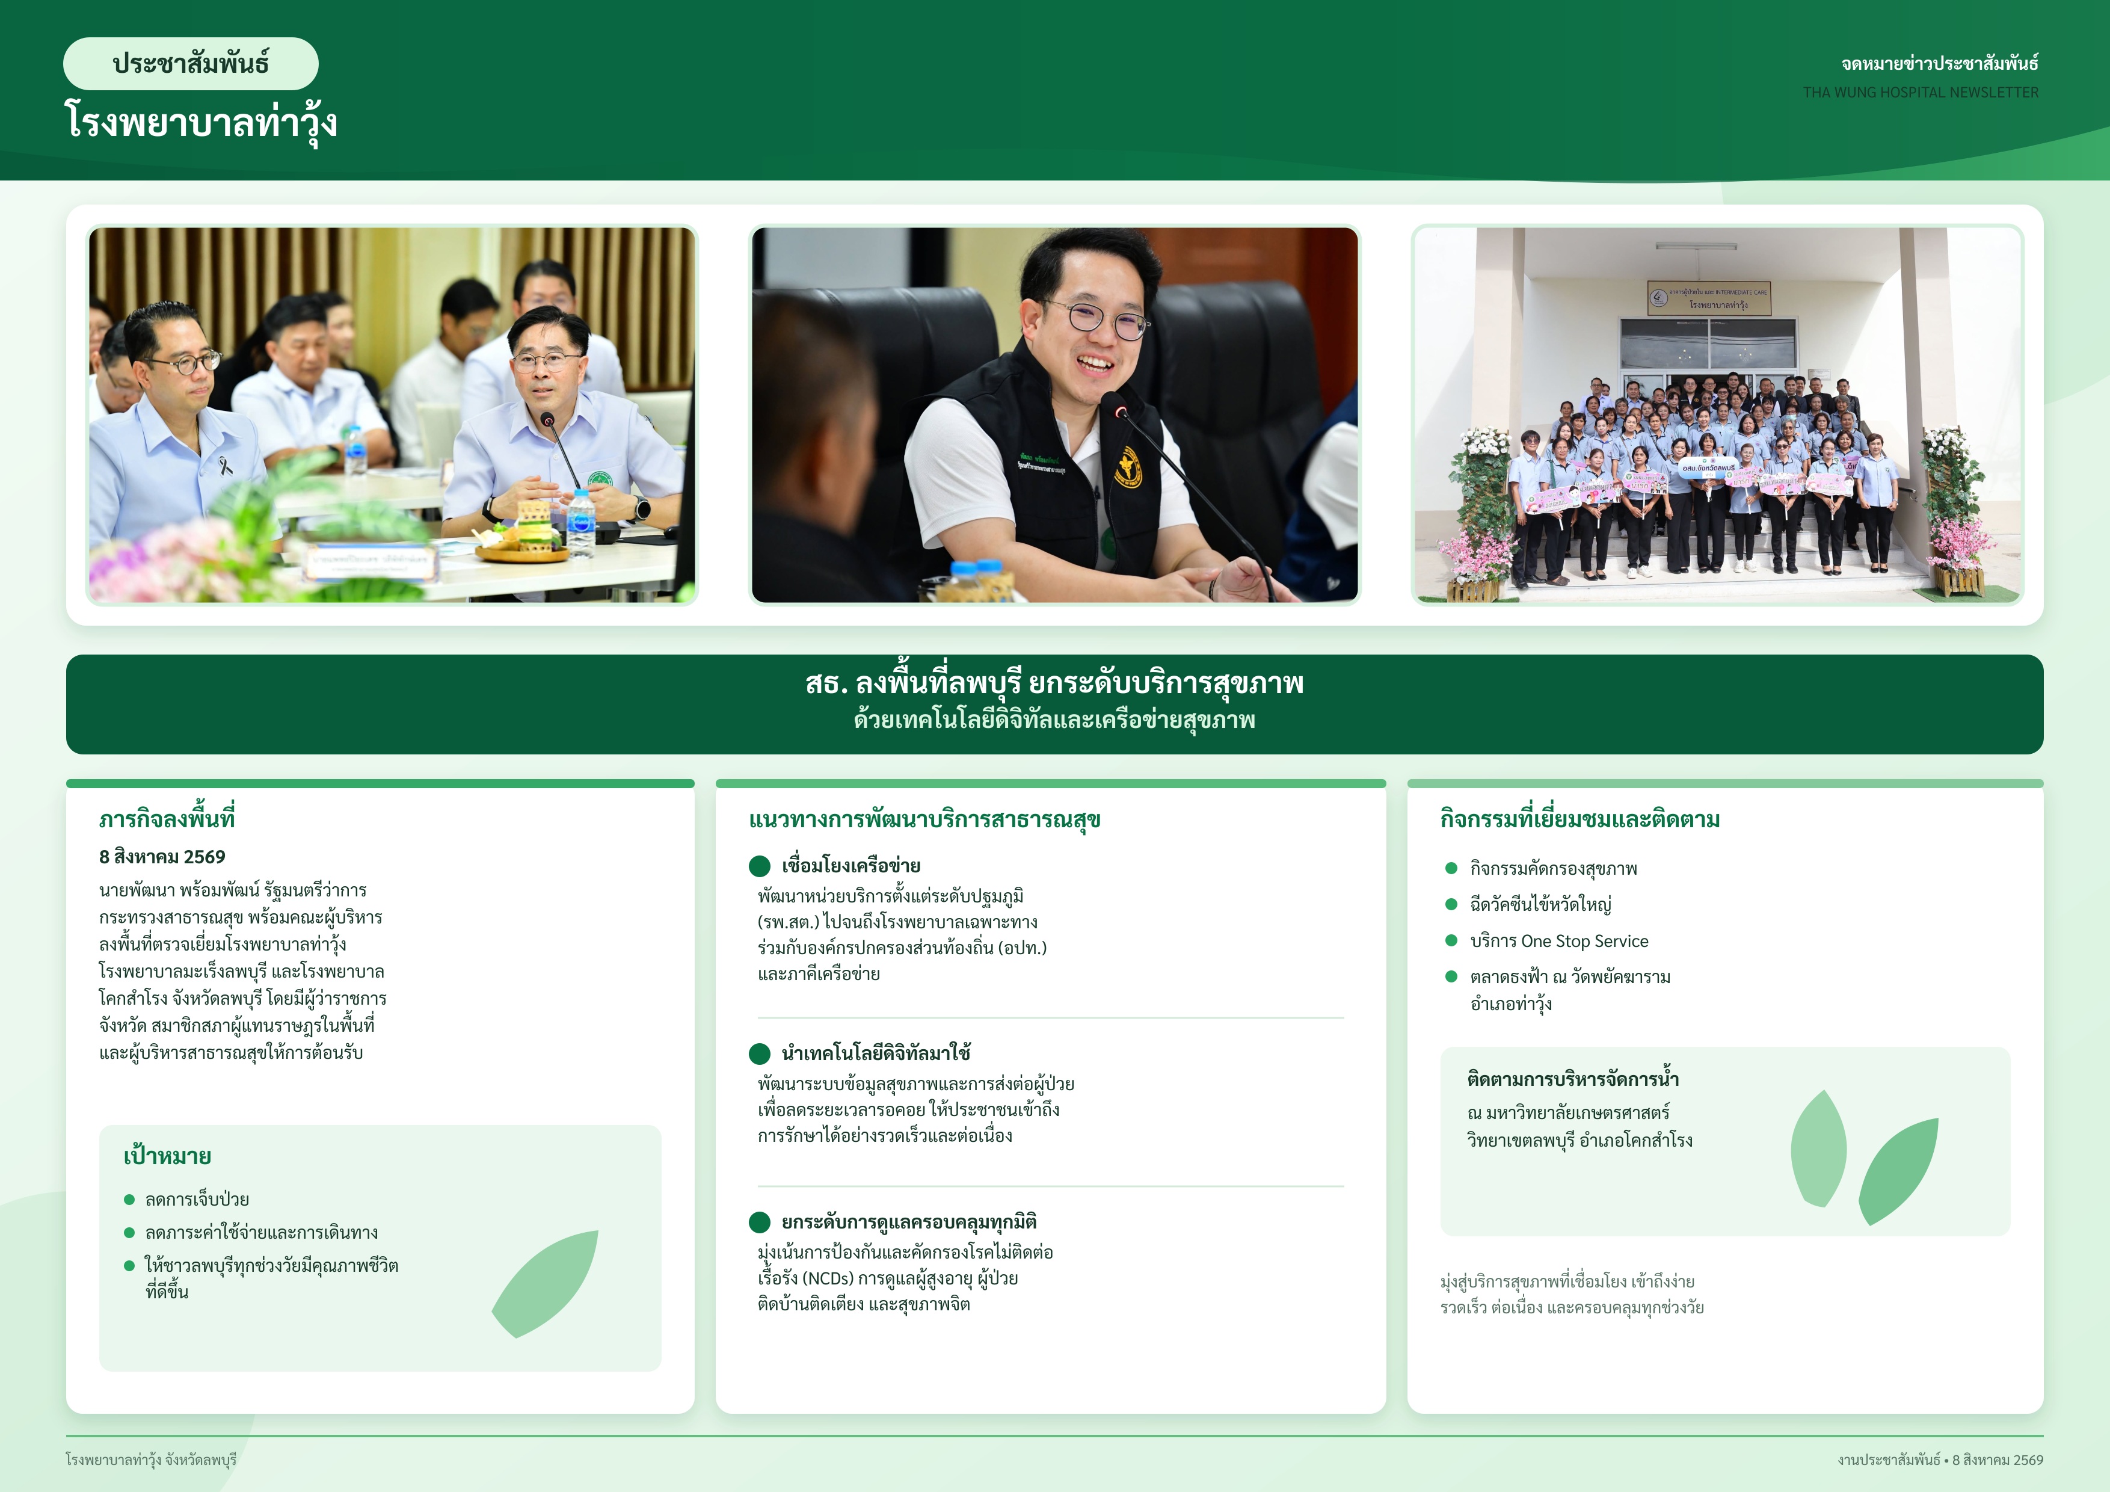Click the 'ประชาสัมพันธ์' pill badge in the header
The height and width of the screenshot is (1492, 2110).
coord(190,63)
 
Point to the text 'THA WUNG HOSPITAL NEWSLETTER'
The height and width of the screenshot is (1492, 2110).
coord(1920,93)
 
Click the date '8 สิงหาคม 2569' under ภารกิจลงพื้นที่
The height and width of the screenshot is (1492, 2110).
coord(162,857)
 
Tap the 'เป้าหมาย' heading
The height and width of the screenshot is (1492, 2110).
coord(167,1156)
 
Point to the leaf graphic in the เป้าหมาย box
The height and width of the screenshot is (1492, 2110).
coord(544,1283)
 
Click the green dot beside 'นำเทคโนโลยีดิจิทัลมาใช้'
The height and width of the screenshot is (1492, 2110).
coord(759,1053)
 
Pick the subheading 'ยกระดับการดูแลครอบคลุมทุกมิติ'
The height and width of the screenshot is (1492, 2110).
coord(909,1222)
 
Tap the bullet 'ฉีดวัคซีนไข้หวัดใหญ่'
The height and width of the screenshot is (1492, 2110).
coord(1540,905)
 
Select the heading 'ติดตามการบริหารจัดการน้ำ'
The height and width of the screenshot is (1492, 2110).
coord(1572,1079)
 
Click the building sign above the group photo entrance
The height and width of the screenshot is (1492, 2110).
coord(1708,298)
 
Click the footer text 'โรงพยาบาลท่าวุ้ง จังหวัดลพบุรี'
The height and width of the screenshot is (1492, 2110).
coord(151,1460)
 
